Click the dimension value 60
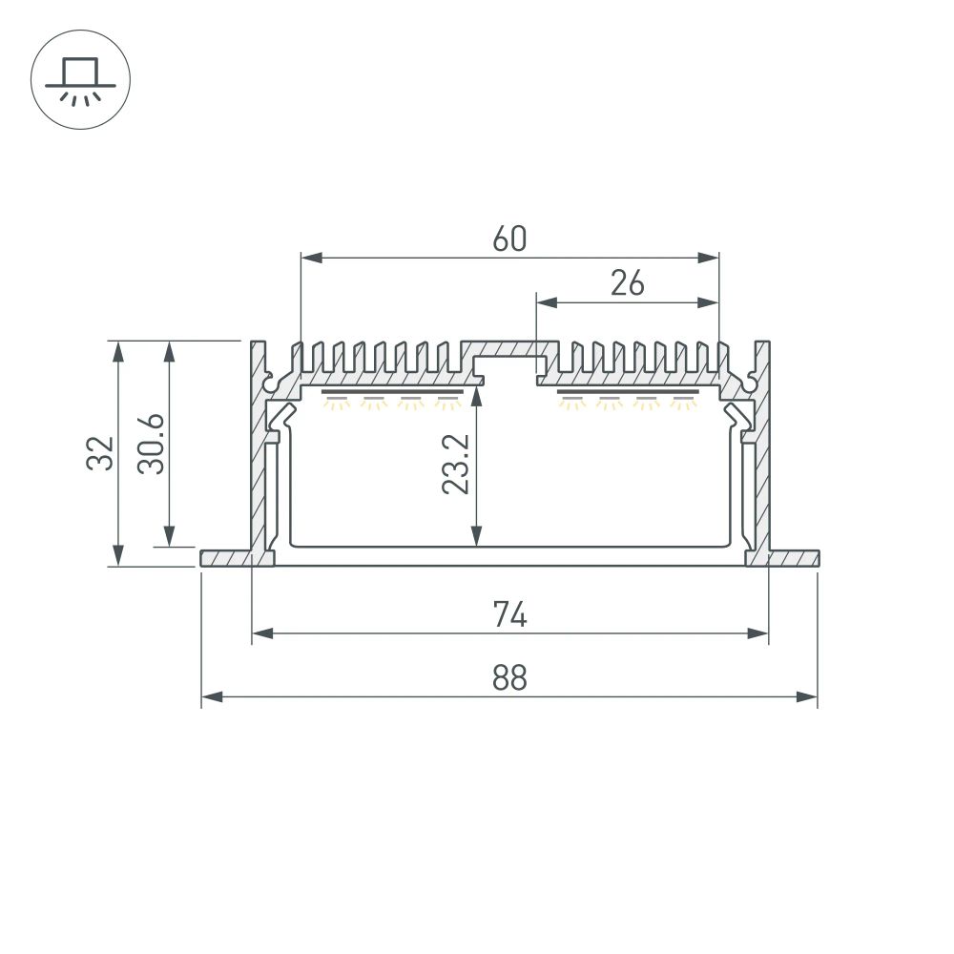coord(509,239)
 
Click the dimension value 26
coord(627,283)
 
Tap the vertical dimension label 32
coord(102,452)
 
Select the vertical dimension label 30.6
coord(153,443)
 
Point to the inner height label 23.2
coord(455,466)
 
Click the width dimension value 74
coord(509,616)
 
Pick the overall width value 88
coord(509,678)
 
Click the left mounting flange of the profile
coord(224,557)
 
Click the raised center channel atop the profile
coord(508,347)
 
